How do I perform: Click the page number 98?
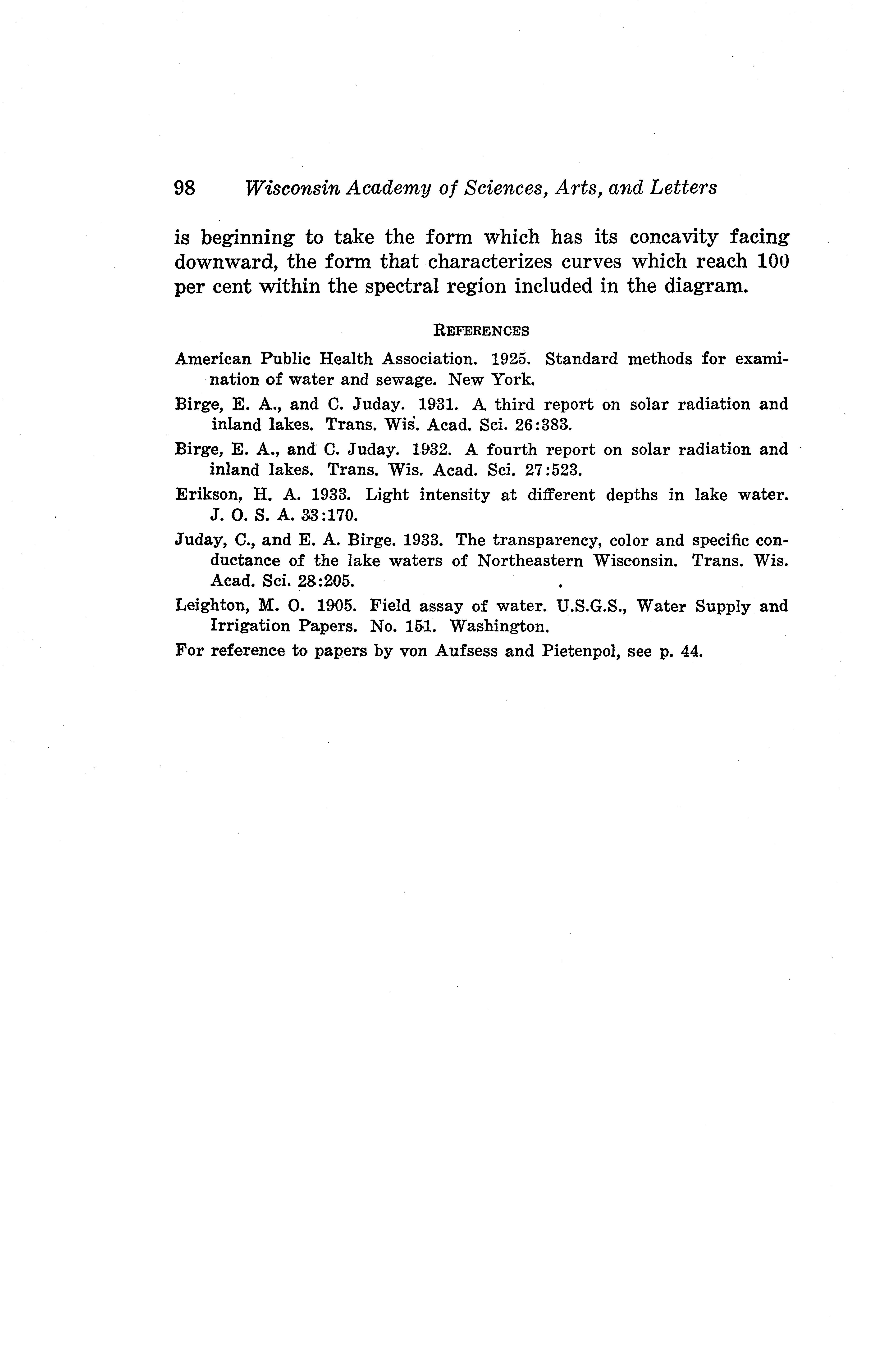(185, 188)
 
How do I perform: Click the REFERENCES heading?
(481, 330)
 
